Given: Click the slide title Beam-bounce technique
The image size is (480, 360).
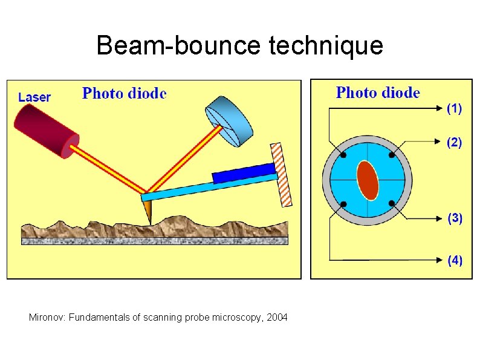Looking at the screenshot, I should (239, 45).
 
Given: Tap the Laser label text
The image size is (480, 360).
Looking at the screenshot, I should (34, 97).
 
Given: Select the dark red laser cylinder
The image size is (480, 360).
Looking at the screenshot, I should (45, 129).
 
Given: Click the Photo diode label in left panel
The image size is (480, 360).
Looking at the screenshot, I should (124, 93).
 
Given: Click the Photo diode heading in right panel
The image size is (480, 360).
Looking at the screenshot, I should (378, 93).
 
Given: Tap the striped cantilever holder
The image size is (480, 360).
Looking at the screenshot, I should (282, 175).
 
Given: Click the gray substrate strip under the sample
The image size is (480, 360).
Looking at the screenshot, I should (155, 241).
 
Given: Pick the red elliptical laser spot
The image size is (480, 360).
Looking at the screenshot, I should (368, 180).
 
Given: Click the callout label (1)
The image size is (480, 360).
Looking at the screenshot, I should (454, 109).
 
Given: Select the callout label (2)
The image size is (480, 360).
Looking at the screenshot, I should (454, 143).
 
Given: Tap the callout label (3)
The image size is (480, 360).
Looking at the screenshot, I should (455, 219).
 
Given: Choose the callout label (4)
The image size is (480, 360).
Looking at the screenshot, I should (455, 260).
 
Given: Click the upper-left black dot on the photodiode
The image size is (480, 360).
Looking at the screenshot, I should (343, 155).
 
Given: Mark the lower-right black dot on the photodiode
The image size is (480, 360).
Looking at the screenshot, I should (392, 203).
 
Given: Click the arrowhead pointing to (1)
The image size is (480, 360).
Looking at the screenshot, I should (440, 110).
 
